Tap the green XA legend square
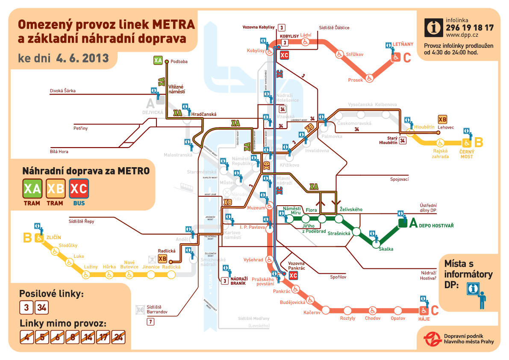[32, 189]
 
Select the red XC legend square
[79, 189]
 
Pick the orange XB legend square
[56, 189]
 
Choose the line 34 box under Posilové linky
[41, 307]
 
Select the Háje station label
[424, 319]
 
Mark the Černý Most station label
[467, 154]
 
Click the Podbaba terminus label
[179, 62]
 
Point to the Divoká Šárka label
[62, 91]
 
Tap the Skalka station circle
[376, 244]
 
